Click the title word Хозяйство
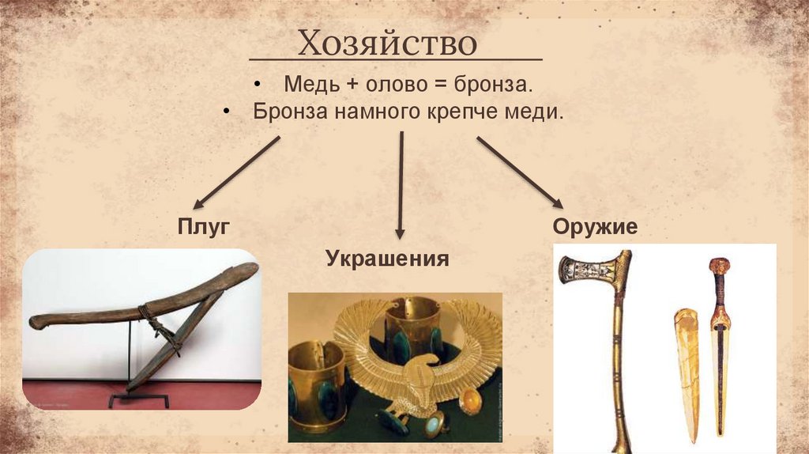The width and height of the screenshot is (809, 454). [387, 44]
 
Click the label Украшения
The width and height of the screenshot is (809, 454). [387, 259]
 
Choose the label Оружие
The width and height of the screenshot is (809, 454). [594, 228]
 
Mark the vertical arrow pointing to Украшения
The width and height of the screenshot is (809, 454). [401, 185]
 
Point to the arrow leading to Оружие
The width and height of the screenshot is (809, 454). [518, 172]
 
